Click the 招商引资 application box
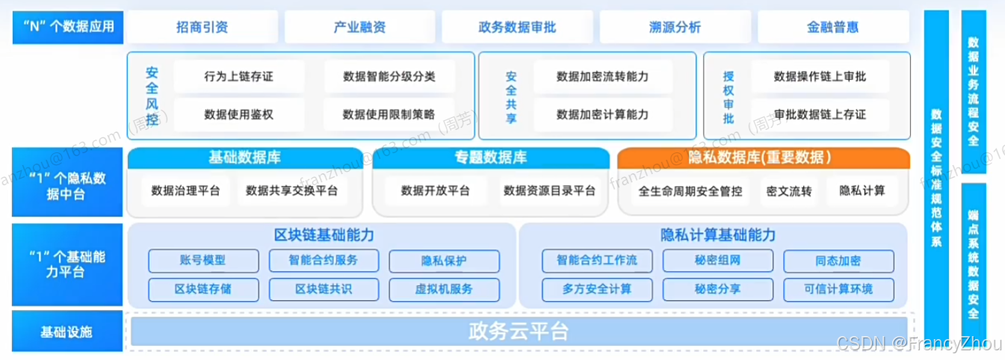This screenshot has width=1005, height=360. click(202, 28)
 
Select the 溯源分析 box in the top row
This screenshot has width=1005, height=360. click(675, 28)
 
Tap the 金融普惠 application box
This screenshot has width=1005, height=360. click(832, 28)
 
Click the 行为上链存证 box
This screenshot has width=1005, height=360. click(238, 76)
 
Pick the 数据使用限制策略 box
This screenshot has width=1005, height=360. click(388, 114)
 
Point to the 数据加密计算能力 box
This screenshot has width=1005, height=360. click(602, 114)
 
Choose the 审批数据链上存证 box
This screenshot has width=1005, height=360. click(820, 114)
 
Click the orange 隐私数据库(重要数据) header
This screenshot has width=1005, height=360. click(763, 158)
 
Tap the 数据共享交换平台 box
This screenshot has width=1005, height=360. click(291, 190)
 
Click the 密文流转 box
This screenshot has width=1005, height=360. click(788, 190)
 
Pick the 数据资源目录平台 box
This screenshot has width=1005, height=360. click(549, 190)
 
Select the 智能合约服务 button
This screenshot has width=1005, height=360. click(324, 261)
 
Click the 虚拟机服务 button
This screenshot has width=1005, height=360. click(444, 288)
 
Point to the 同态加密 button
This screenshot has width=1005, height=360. click(838, 261)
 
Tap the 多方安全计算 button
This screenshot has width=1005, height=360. click(597, 288)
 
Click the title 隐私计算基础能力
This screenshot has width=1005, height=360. click(718, 235)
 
